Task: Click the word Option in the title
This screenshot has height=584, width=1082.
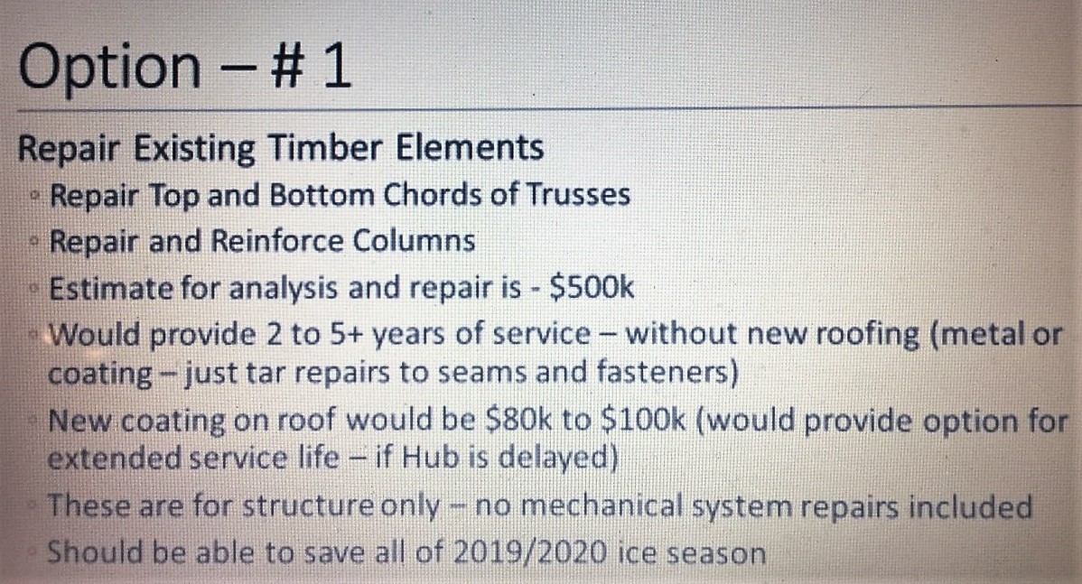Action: [x=109, y=68]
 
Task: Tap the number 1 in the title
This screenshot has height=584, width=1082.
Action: [x=338, y=66]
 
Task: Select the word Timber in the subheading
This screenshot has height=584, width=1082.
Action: [x=325, y=147]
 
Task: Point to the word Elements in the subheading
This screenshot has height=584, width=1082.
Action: [x=470, y=147]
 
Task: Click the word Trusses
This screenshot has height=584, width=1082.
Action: [x=578, y=194]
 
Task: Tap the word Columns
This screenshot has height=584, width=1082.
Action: [x=414, y=241]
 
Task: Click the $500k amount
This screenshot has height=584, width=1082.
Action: [x=592, y=288]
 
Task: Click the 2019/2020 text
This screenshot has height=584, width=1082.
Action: [x=530, y=552]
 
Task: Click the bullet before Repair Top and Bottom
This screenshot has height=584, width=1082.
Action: [x=34, y=197]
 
